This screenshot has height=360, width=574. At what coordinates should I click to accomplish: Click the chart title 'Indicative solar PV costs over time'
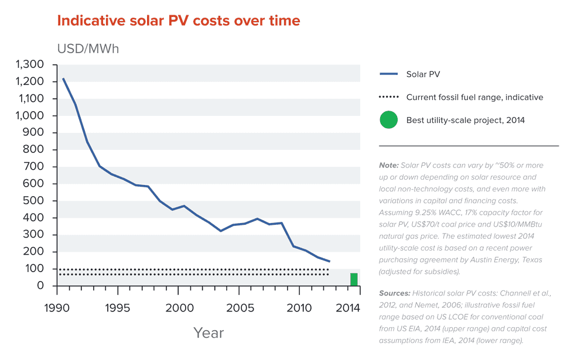[x=178, y=21]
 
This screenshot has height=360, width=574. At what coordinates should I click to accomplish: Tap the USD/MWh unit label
[x=88, y=49]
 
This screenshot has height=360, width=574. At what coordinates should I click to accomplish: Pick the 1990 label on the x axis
[x=57, y=308]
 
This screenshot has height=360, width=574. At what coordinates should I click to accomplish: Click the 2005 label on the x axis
[x=240, y=308]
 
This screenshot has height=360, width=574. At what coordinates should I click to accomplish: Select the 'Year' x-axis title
[x=209, y=333]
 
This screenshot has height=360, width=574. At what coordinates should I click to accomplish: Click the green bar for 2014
[x=354, y=279]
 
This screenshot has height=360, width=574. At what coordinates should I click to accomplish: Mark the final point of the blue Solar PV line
[x=330, y=261]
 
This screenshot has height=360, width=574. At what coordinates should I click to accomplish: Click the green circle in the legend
[x=388, y=120]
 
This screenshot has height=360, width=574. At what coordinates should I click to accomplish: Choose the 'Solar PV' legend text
[x=423, y=74]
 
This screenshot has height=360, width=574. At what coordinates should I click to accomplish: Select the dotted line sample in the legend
[x=388, y=97]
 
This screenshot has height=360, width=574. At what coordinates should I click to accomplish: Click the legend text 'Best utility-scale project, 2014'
[x=465, y=121]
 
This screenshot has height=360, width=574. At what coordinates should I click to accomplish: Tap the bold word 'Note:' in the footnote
[x=389, y=165]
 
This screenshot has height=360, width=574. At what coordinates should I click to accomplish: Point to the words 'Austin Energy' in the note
[x=497, y=259]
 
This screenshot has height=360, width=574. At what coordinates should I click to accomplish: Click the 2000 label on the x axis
[x=179, y=308]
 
